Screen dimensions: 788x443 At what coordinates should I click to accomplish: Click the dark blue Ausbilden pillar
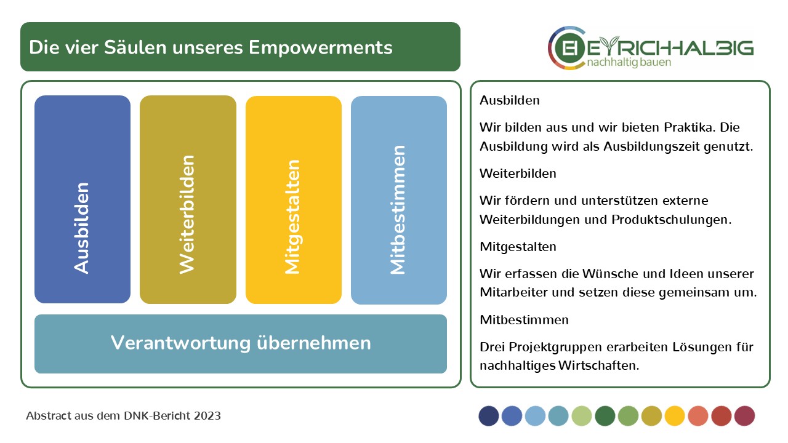click(82, 199)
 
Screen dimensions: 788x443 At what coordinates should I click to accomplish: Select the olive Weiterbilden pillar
click(188, 199)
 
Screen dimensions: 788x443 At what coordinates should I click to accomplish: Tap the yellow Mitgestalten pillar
click(294, 200)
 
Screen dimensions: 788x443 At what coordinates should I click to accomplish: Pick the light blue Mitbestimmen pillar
click(399, 200)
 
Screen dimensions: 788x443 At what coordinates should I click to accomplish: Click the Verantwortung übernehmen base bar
click(241, 344)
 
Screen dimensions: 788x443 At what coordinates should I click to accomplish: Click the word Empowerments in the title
click(321, 48)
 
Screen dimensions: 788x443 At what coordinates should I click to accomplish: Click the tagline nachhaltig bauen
click(629, 63)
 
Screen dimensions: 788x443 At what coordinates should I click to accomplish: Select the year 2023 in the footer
click(207, 416)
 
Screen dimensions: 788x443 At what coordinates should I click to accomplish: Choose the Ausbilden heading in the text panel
click(509, 100)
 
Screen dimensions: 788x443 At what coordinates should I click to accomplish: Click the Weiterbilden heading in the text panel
click(518, 174)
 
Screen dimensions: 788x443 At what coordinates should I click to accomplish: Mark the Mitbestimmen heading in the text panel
click(524, 320)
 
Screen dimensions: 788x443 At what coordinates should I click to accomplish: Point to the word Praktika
click(690, 127)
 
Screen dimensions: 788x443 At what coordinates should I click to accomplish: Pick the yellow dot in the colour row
click(675, 416)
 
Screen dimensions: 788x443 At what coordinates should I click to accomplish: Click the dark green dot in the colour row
click(605, 416)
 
